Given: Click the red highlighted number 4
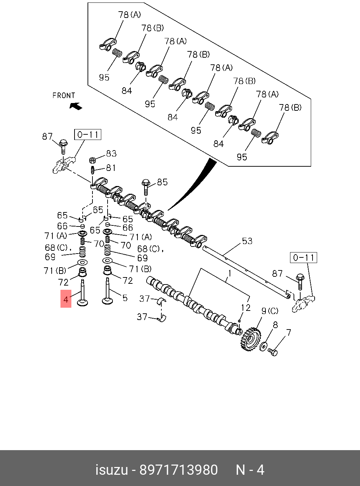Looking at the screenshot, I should click(x=66, y=299).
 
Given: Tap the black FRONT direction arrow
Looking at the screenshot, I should click(x=76, y=105).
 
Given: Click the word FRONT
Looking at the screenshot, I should click(x=64, y=95).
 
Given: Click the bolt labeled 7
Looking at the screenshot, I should click(x=273, y=351).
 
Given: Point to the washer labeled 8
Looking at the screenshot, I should click(x=263, y=346).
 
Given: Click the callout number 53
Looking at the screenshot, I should click(x=247, y=241).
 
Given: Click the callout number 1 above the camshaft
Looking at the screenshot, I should click(x=229, y=273).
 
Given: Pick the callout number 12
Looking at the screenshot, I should click(x=246, y=308).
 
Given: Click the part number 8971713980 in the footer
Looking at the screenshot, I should click(x=179, y=470).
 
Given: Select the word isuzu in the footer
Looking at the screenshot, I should click(x=111, y=470).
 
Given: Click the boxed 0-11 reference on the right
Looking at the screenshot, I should click(x=303, y=257).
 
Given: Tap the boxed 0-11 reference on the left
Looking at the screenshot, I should click(x=88, y=134).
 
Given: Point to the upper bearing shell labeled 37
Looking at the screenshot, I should click(x=162, y=301).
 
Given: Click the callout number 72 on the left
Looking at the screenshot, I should click(x=63, y=282).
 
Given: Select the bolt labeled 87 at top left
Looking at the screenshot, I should click(x=63, y=146).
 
